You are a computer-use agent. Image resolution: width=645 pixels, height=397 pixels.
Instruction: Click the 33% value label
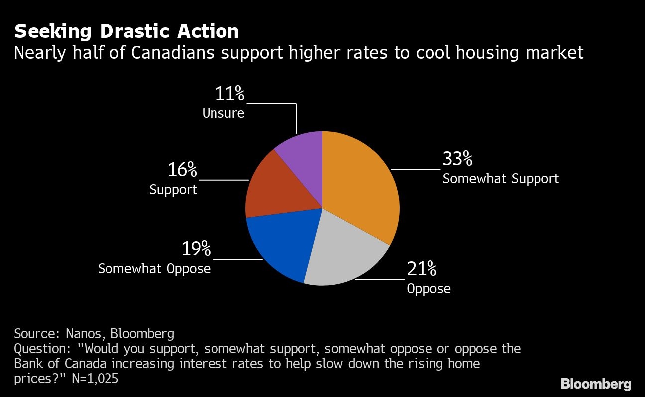pyautogui.click(x=457, y=159)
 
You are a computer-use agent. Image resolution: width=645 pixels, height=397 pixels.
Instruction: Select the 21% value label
pyautogui.click(x=422, y=269)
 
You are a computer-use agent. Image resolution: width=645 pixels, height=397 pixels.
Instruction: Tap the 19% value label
pyautogui.click(x=196, y=249)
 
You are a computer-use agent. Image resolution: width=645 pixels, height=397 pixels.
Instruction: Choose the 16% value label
pyautogui.click(x=182, y=170)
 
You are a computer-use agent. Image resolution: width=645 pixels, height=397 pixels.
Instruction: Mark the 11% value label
pyautogui.click(x=230, y=94)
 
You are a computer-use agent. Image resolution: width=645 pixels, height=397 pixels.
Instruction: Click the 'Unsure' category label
pyautogui.click(x=223, y=113)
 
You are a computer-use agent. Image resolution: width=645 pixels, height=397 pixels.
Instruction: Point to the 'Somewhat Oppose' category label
pyautogui.click(x=154, y=269)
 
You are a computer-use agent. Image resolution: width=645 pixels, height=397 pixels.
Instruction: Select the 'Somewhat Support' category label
pyautogui.click(x=501, y=178)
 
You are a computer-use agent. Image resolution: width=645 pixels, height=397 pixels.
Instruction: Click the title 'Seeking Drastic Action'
pyautogui.click(x=126, y=31)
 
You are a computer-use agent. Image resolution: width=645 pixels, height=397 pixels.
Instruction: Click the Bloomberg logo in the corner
pyautogui.click(x=596, y=384)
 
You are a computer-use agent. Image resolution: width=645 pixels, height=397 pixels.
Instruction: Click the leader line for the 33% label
pyautogui.click(x=416, y=169)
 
